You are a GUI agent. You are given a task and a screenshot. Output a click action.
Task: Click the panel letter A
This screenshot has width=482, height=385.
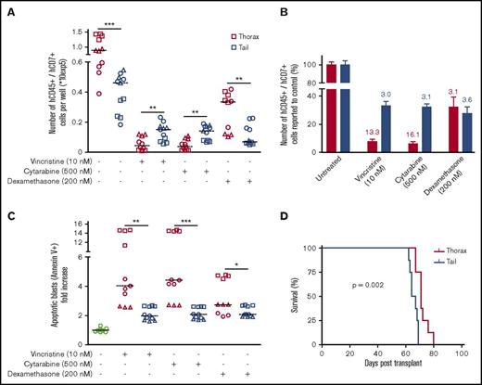[6, 7]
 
